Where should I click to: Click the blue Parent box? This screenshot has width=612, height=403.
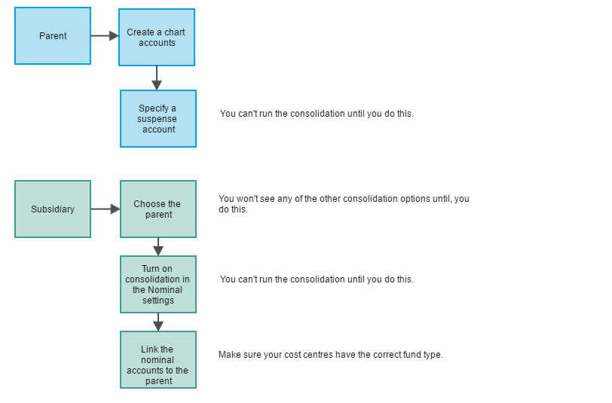(53, 36)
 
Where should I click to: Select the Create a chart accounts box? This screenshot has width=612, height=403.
(157, 38)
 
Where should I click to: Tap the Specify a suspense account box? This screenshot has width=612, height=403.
(158, 118)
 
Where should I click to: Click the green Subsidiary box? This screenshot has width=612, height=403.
(53, 209)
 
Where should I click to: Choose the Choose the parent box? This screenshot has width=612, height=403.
(158, 209)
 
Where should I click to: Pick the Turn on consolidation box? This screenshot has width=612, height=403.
(158, 285)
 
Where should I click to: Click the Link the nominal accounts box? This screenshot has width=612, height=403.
(158, 360)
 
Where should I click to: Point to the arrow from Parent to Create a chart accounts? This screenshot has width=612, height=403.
(105, 36)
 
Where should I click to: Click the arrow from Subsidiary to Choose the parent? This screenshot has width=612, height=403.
(106, 209)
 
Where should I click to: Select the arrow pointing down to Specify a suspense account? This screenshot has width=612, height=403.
(157, 78)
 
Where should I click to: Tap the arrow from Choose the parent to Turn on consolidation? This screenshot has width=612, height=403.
(158, 246)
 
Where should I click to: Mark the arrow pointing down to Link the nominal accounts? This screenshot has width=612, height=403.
(158, 322)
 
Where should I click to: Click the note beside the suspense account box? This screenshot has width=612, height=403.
(317, 114)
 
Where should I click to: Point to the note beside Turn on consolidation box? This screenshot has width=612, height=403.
(317, 279)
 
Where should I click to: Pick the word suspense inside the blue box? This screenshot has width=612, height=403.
(157, 119)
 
